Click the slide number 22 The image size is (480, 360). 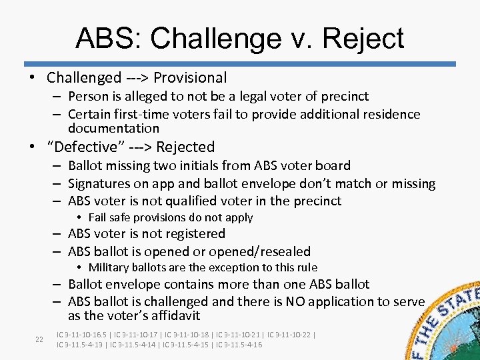pyautogui.click(x=39, y=339)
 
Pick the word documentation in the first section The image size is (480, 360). pyautogui.click(x=113, y=128)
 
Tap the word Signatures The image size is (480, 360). pyautogui.click(x=101, y=183)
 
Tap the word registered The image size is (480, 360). pyautogui.click(x=195, y=233)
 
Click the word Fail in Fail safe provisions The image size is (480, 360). pyautogui.click(x=97, y=217)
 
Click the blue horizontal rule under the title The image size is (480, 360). pyautogui.click(x=240, y=64)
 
